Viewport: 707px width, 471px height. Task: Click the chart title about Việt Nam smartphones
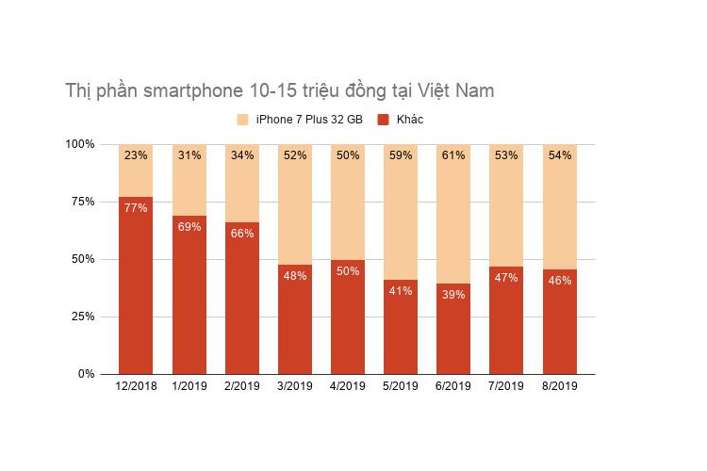coord(279,91)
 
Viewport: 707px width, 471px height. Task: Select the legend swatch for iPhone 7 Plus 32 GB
coord(242,120)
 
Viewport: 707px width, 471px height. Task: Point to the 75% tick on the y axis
coord(79,202)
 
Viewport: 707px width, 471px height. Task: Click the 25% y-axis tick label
coord(79,317)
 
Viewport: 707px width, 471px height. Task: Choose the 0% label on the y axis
coord(85,374)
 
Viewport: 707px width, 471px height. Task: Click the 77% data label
coord(135,208)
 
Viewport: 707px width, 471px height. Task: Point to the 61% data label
coord(453,155)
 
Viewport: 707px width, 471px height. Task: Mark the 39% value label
coord(453,295)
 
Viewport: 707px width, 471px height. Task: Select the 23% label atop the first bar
coord(135,155)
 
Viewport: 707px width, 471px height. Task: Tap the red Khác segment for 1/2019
coord(189,301)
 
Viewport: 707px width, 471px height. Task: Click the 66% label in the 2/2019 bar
coord(241,234)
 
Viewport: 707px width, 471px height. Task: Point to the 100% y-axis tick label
coord(79,144)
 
